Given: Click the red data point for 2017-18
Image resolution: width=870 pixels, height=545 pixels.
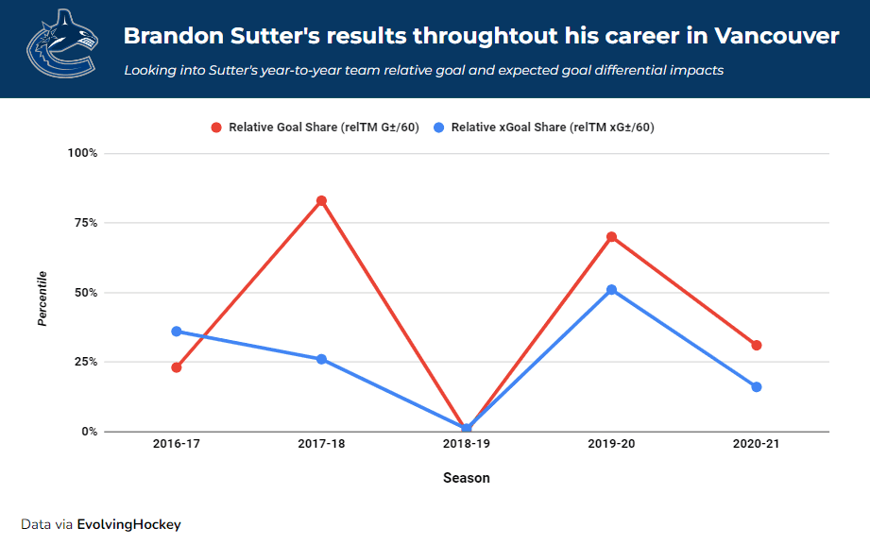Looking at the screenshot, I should [321, 200].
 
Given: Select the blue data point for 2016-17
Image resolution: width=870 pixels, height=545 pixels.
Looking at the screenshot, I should [177, 332].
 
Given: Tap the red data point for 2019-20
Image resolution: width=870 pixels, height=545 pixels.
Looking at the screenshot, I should [612, 237].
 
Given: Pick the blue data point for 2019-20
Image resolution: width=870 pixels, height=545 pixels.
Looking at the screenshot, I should [612, 290].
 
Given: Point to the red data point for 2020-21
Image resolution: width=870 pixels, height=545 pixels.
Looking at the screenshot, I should [757, 346].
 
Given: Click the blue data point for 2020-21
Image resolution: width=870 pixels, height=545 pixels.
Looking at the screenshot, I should [757, 387].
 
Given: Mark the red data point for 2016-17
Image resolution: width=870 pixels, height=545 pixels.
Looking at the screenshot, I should [177, 367].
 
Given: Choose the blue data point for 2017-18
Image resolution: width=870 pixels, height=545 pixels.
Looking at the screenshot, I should [321, 359].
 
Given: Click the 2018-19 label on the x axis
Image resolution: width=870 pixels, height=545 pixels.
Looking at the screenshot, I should [467, 444].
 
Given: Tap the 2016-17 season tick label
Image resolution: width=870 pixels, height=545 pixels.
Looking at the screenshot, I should [177, 444].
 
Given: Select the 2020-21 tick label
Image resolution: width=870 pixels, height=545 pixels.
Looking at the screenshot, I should [757, 444].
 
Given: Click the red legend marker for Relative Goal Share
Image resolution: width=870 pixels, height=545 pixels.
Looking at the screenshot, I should [216, 128].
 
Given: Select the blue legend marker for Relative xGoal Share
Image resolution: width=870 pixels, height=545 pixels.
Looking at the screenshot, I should [439, 128].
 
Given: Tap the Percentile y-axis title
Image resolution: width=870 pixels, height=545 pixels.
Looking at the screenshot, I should [43, 298].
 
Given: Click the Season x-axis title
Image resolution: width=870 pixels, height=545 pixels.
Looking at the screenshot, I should [467, 478].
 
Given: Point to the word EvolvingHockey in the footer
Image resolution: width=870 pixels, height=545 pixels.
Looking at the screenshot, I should [128, 524].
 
